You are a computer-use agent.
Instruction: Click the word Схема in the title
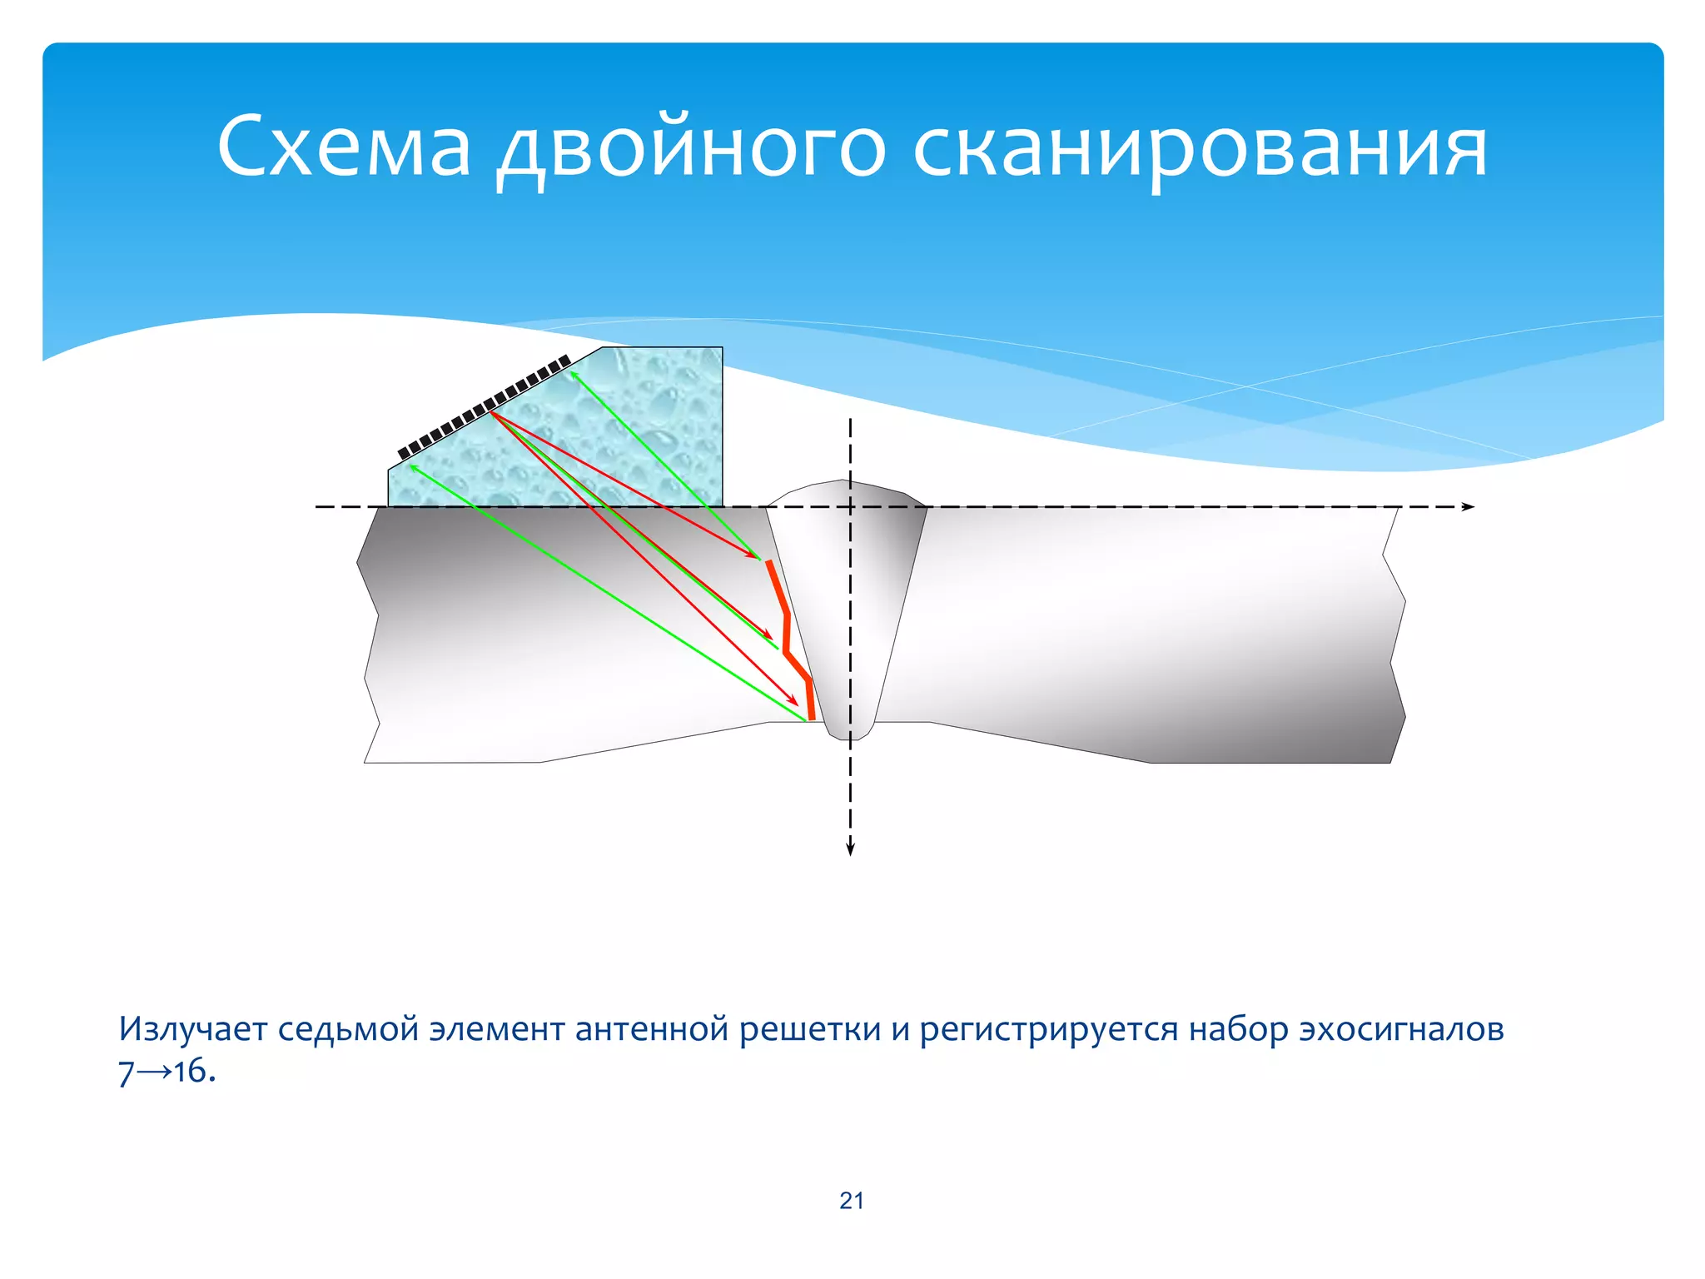point(343,147)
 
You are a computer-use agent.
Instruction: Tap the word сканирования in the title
point(1200,150)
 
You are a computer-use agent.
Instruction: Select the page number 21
point(852,1201)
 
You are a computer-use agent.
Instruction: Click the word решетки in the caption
point(810,1029)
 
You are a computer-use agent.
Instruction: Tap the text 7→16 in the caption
point(163,1072)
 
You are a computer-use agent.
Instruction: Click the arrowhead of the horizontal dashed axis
point(1469,507)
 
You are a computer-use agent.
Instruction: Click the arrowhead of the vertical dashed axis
point(850,850)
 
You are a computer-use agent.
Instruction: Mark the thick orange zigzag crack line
point(788,633)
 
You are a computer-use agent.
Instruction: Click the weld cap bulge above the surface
point(847,493)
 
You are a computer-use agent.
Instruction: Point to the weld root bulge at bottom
point(849,732)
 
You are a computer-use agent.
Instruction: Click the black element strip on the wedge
point(483,407)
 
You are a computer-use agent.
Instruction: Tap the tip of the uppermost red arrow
point(755,556)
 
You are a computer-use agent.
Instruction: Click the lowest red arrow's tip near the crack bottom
point(795,703)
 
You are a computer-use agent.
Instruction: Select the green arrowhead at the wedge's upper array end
point(573,374)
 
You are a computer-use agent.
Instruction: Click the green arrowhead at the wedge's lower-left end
point(411,467)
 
